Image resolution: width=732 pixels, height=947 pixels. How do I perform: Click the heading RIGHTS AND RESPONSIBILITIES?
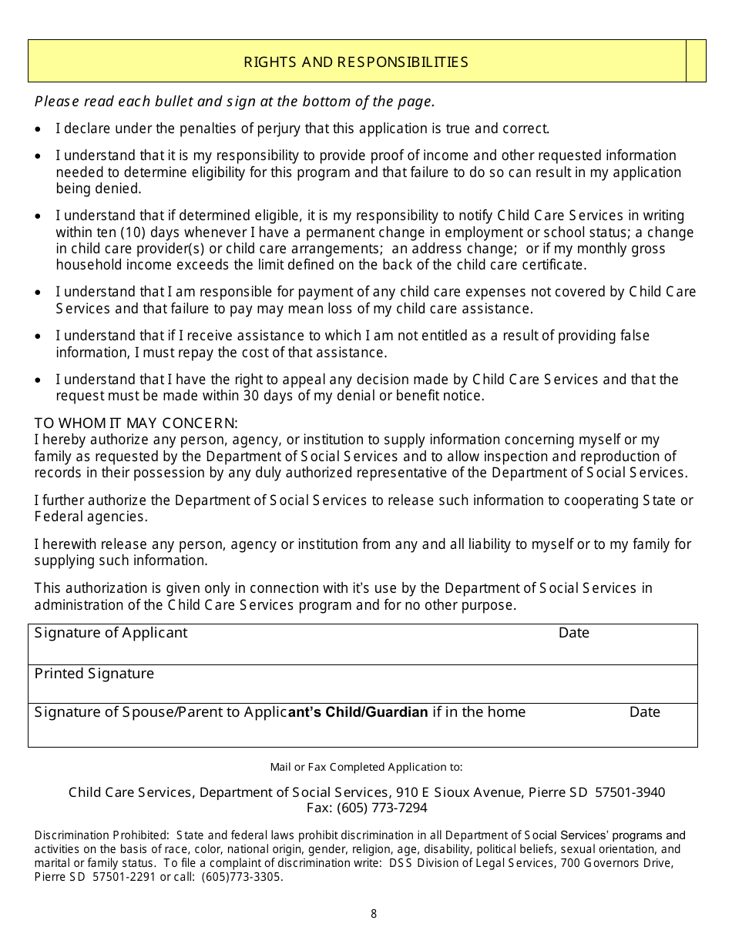point(356,62)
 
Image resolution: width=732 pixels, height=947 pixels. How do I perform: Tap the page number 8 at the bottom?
point(374,914)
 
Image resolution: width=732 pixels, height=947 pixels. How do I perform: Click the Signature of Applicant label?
point(111,633)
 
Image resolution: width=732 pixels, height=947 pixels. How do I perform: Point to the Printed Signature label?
point(94,674)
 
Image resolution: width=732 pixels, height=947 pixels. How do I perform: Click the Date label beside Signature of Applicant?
point(573,633)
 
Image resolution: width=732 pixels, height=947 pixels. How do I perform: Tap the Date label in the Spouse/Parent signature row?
point(644,712)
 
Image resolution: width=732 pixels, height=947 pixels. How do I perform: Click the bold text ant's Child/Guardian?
point(358,712)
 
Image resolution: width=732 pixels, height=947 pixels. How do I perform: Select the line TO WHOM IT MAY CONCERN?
point(136,423)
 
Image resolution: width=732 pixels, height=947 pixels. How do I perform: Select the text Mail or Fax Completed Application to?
point(366,767)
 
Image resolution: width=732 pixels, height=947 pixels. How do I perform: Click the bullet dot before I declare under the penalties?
point(39,129)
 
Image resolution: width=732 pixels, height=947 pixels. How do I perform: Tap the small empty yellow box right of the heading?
point(696,62)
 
